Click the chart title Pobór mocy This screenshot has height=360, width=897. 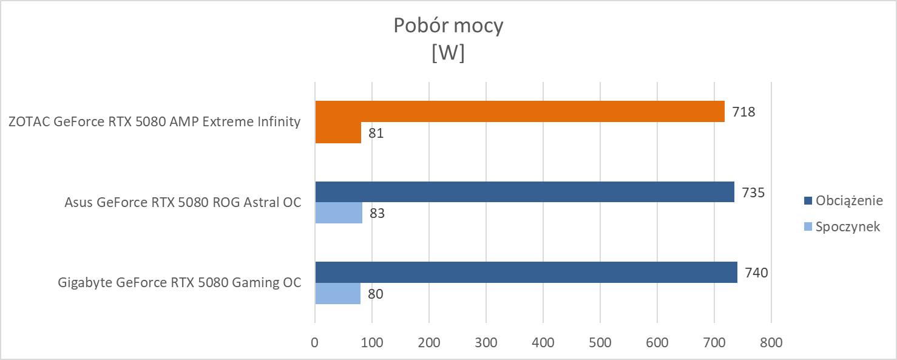448,26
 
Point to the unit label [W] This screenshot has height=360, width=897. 448,53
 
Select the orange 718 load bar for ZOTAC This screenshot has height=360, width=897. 520,111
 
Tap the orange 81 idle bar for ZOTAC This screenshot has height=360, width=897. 338,132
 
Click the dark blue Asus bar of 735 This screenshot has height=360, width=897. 524,192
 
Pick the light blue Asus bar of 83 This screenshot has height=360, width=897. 339,213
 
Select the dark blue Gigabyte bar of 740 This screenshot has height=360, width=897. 526,273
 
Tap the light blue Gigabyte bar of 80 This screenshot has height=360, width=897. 337,294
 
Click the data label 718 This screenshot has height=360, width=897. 743,112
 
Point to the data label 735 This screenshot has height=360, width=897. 753,192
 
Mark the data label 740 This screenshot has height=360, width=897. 756,273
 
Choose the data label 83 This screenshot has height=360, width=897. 377,214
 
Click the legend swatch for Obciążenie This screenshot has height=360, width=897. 807,200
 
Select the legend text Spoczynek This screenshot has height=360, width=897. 848,227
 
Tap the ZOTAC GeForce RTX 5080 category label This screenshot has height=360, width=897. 155,121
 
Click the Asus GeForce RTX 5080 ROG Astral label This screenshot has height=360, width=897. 183,203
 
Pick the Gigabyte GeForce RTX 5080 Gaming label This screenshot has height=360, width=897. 180,283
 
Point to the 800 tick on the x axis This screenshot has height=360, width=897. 771,343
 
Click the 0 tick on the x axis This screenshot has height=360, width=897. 315,343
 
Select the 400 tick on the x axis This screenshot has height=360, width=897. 543,343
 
